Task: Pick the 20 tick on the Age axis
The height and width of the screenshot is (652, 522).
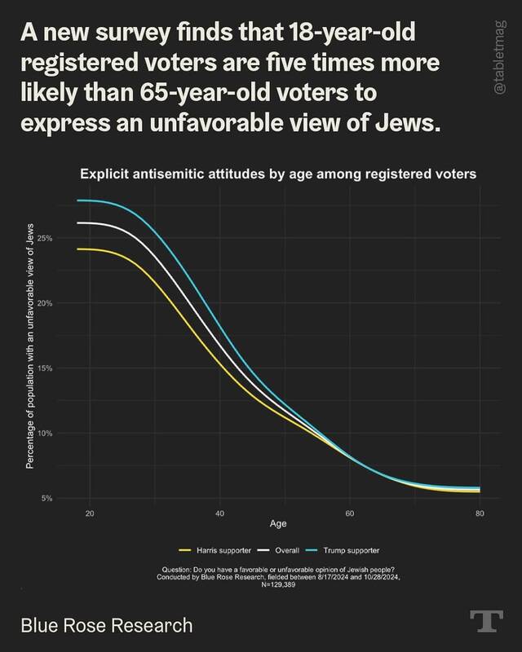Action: [90, 513]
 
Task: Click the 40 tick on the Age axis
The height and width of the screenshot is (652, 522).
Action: [219, 513]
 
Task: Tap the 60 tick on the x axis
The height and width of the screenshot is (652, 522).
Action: [350, 513]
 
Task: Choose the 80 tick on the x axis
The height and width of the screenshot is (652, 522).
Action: [480, 513]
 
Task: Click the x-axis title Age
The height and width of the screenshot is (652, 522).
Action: [279, 523]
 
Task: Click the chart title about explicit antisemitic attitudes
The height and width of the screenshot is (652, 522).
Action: [278, 173]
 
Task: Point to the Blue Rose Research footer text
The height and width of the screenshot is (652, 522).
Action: [107, 625]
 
